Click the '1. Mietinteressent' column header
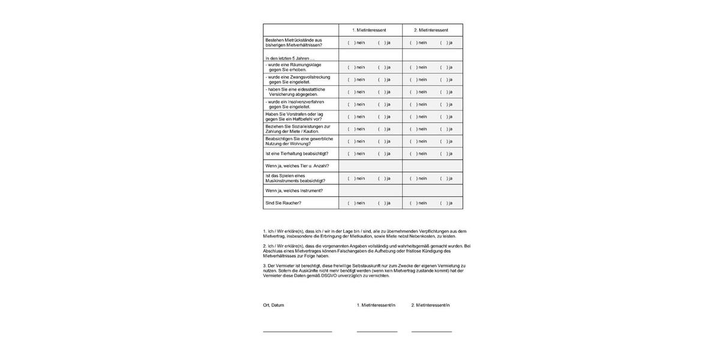[x=370, y=30]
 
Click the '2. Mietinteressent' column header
[x=432, y=30]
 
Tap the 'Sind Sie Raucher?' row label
[x=283, y=203]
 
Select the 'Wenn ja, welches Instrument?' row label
[x=294, y=191]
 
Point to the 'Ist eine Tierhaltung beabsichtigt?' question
[x=296, y=154]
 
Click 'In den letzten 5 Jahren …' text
[x=290, y=58]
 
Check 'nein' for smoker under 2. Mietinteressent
[x=413, y=203]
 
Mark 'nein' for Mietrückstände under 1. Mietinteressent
[x=350, y=43]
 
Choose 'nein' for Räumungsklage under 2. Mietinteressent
[x=413, y=67]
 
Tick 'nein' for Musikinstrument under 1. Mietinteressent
[x=350, y=178]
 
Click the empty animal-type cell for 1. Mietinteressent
[x=370, y=166]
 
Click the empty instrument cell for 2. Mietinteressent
[x=433, y=191]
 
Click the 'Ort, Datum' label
[x=274, y=305]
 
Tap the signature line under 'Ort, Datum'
[x=297, y=331]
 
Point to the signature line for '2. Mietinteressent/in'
[x=431, y=331]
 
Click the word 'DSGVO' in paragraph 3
[x=329, y=276]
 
